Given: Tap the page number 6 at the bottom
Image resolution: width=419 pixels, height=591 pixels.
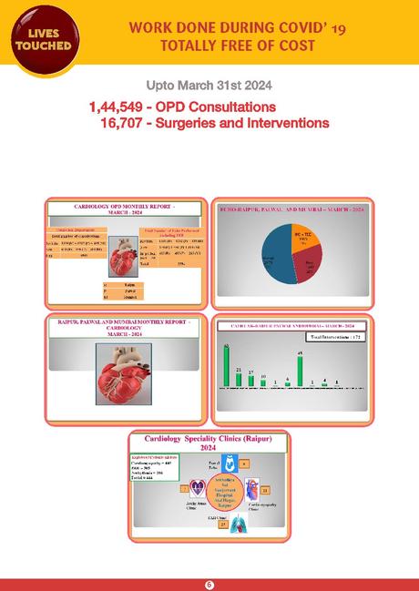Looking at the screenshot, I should tap(209, 584).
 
